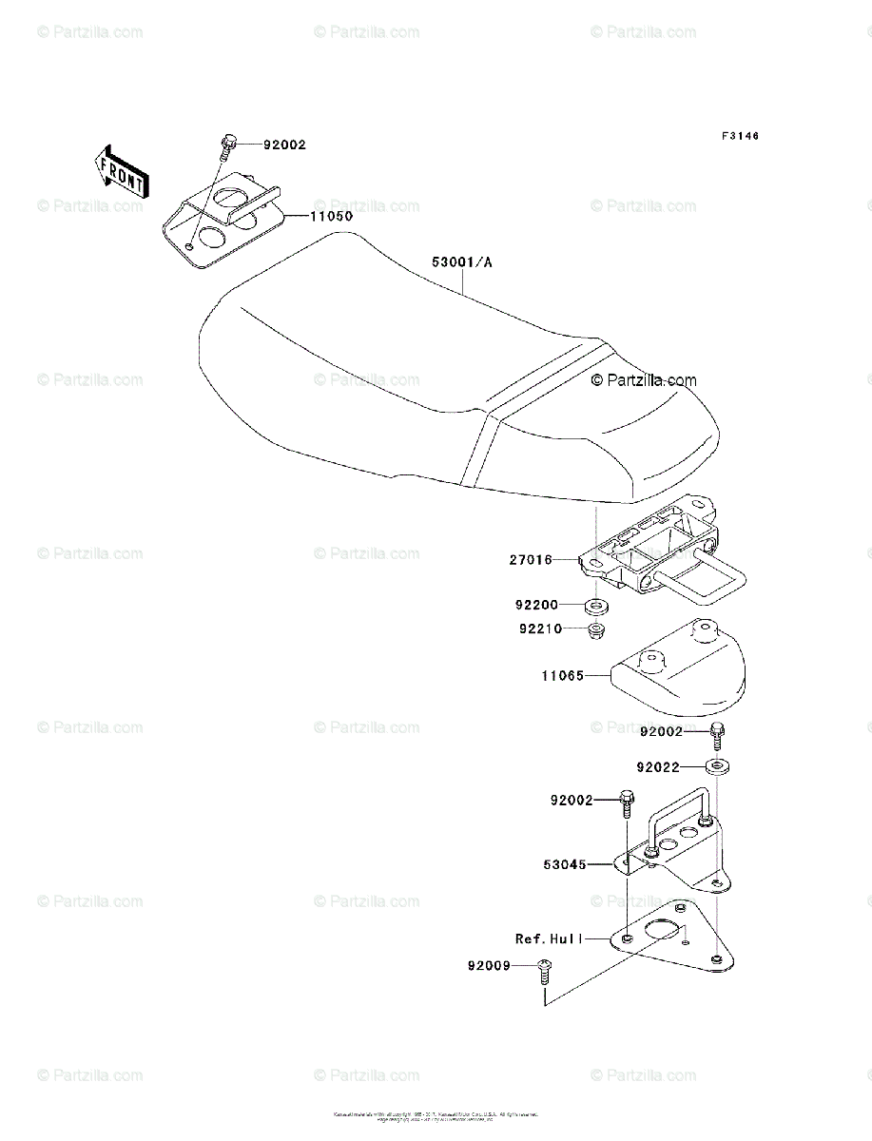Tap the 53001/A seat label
pos(463,263)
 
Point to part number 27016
pos(530,560)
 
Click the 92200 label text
pos(537,605)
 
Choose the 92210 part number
pos(541,629)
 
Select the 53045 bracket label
pos(564,865)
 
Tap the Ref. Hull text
pos(549,938)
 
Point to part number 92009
pos(490,966)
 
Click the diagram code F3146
pos(739,137)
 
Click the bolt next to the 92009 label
pos(544,971)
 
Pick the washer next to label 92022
pos(718,765)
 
